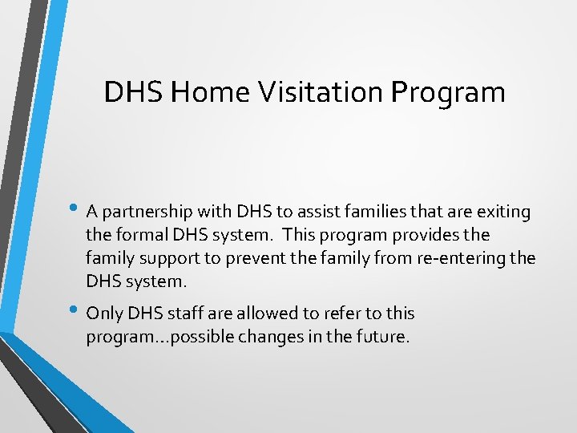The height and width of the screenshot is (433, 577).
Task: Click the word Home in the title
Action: click(210, 93)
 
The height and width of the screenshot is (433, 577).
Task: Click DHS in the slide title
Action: click(134, 93)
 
